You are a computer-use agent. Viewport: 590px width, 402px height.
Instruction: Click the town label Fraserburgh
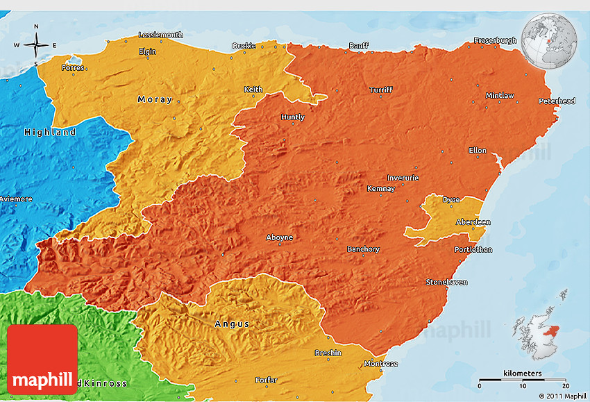point(495,40)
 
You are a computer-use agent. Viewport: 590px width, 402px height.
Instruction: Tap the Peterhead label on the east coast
point(557,101)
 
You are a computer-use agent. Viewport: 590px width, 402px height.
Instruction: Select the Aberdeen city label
point(473,222)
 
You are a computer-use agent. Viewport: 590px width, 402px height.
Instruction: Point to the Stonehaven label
point(446,282)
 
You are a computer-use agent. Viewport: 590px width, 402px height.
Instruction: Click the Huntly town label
point(292,117)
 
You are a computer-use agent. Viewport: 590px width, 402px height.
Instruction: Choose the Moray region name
point(155,99)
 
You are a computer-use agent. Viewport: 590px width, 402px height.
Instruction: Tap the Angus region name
point(231,324)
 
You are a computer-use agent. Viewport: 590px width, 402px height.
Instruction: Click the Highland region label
point(50,132)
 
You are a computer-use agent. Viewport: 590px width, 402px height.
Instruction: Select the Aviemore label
point(15,199)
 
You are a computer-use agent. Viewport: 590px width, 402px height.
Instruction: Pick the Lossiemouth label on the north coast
point(160,35)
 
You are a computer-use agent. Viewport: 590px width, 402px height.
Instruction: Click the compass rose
point(36,46)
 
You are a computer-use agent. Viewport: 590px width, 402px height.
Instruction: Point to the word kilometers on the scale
point(523,374)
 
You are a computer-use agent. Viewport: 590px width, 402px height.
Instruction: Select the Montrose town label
point(381,364)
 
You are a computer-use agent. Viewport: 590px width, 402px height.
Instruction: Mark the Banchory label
point(363,249)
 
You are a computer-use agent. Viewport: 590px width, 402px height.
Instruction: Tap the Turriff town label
point(380,90)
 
